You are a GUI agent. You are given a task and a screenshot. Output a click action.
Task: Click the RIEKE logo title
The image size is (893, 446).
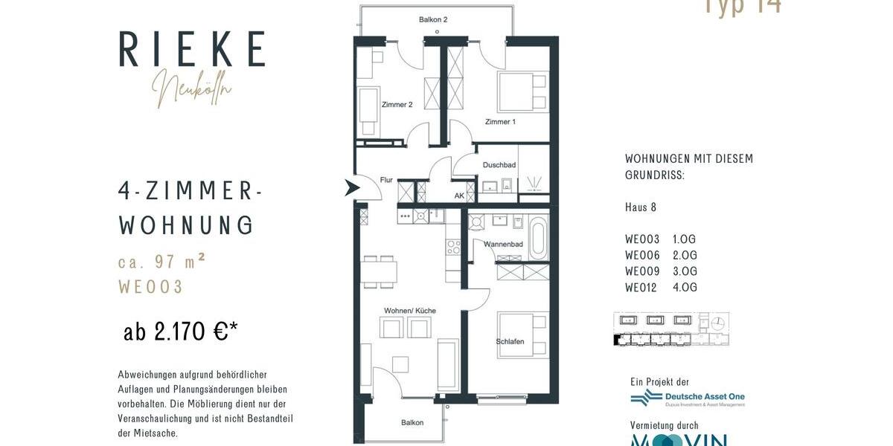pos(192,50)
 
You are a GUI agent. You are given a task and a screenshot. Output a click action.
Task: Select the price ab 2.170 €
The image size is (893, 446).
pos(181,332)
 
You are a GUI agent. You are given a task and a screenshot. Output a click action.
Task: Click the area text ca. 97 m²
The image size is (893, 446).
pos(161,262)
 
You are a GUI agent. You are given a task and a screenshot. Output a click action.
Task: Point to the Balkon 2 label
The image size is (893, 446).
pos(432,19)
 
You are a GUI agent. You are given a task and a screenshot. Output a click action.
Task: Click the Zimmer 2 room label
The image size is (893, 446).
pos(397,105)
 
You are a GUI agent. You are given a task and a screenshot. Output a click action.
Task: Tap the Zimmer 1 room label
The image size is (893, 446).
pos(499,121)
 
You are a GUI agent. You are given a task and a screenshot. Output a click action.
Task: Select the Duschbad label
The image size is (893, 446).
pos(499,165)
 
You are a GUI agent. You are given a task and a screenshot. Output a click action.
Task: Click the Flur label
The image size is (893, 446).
pos(386,180)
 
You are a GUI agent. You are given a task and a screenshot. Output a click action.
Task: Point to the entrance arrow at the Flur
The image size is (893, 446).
pos(351,188)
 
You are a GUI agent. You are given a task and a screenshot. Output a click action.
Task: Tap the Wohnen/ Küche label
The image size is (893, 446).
pos(410,310)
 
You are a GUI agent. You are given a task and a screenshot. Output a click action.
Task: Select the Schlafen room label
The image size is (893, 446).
pos(510,342)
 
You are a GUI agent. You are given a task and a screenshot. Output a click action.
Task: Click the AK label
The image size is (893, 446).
pos(459,196)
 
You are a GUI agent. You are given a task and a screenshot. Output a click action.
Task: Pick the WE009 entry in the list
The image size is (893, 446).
pos(642,271)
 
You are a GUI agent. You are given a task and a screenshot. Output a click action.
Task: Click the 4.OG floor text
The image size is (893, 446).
pos(685,288)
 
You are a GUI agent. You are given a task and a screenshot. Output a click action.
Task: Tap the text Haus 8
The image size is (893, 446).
pos(641,207)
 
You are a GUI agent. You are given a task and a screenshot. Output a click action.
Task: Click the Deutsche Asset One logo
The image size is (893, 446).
pos(688,398)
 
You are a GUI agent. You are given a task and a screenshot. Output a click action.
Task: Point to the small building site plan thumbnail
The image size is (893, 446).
pos(670,329)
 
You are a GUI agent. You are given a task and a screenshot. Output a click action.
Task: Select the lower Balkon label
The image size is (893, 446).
pos(412,423)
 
